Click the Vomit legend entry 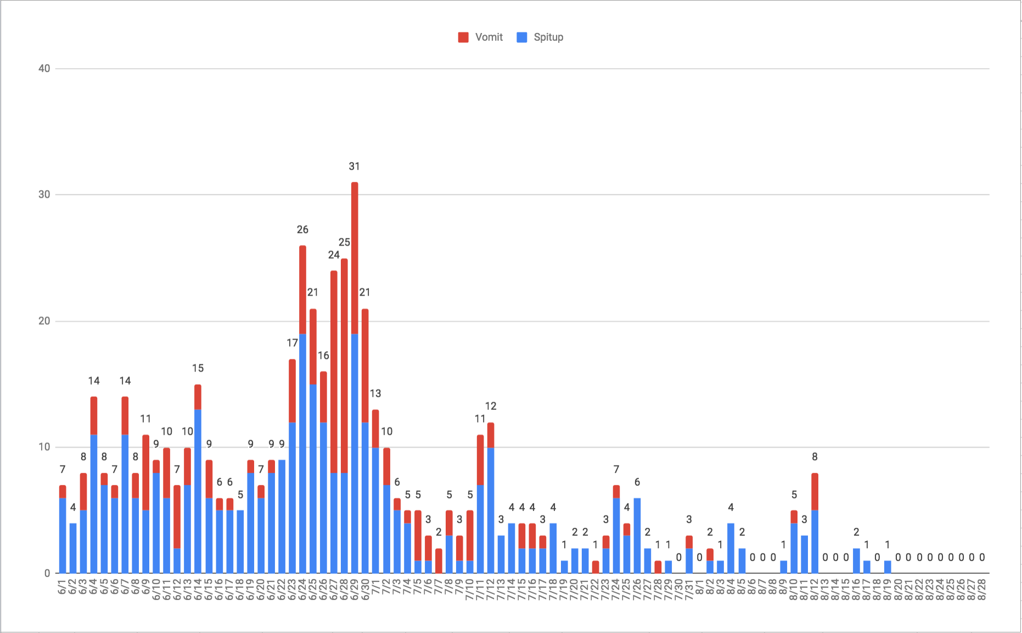(x=481, y=37)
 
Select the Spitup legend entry (x=541, y=37)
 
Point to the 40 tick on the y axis (x=44, y=69)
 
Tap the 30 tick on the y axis (x=44, y=195)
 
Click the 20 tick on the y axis (x=44, y=321)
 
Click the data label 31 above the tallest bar (x=355, y=166)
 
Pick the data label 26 (x=302, y=230)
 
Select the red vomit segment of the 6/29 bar (x=355, y=258)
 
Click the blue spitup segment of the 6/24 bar (x=302, y=453)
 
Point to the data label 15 (x=198, y=368)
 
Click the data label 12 (x=491, y=406)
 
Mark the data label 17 (x=292, y=343)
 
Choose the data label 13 (x=375, y=393)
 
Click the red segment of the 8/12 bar (x=815, y=492)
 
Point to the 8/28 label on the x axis (x=982, y=590)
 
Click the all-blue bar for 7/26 (x=637, y=536)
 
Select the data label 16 (x=323, y=356)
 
